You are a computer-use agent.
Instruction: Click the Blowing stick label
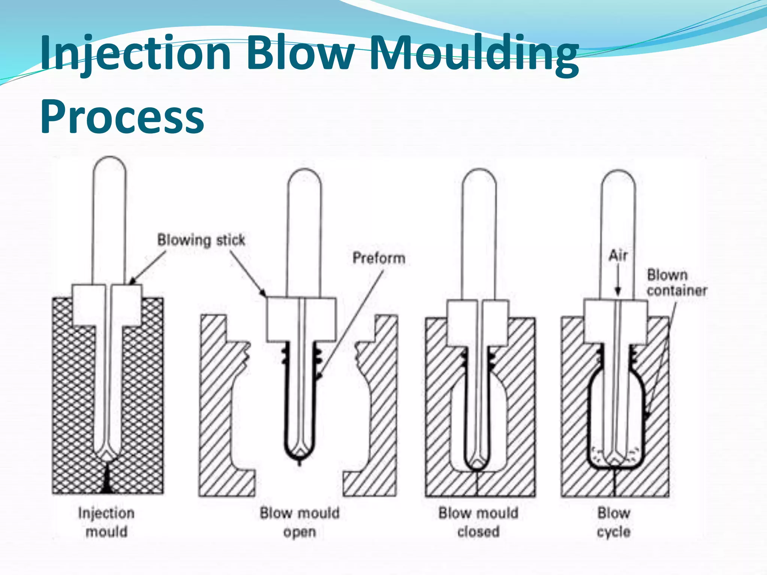[201, 240]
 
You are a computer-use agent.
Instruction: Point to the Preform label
[379, 258]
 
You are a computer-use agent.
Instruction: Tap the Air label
[618, 256]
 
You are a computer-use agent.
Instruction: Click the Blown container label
[676, 283]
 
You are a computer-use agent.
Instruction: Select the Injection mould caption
[106, 522]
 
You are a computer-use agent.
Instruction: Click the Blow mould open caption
[300, 522]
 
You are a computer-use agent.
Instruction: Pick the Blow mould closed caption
[478, 522]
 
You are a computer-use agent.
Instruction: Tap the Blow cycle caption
[613, 522]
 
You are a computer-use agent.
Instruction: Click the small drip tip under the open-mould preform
[299, 463]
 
